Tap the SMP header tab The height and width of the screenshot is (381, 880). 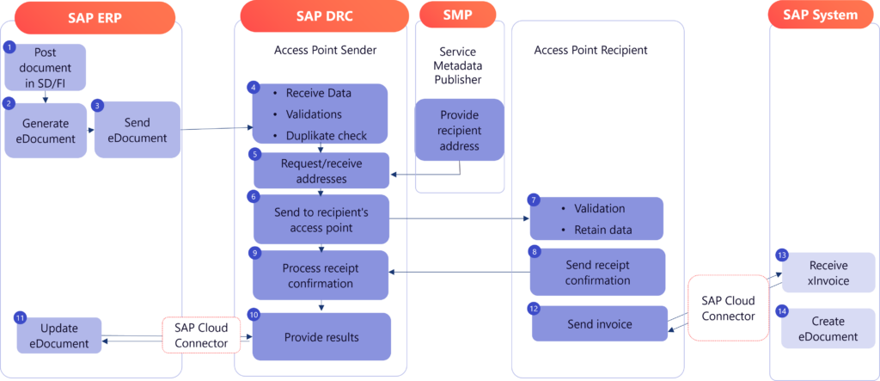pyautogui.click(x=457, y=15)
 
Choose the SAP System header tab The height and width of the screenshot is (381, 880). pyautogui.click(x=820, y=15)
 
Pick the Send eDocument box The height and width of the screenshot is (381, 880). pyautogui.click(x=137, y=130)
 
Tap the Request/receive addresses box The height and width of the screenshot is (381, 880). pyautogui.click(x=321, y=171)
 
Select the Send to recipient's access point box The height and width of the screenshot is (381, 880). pyautogui.click(x=321, y=218)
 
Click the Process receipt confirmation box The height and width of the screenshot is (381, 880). pyautogui.click(x=321, y=275)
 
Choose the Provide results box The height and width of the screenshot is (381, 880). pyautogui.click(x=321, y=336)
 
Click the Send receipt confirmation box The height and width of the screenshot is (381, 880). pyautogui.click(x=598, y=272)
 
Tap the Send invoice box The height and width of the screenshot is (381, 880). pyautogui.click(x=599, y=324)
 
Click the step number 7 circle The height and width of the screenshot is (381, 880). pyautogui.click(x=534, y=200)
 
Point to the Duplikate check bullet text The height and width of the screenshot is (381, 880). pyautogui.click(x=327, y=135)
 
